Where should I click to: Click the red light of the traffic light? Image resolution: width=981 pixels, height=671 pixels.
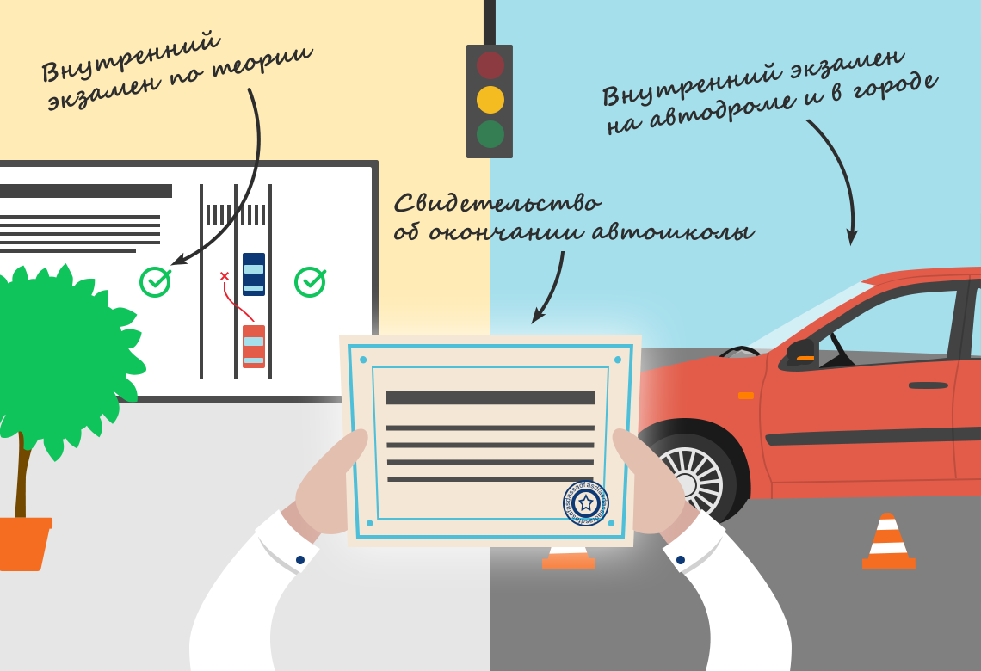click(490, 65)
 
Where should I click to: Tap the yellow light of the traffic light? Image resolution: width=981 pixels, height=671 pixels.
click(490, 100)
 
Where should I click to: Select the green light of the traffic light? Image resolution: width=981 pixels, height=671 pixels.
click(490, 134)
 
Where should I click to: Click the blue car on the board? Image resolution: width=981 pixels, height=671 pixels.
click(253, 274)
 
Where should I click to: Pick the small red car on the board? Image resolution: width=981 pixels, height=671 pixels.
click(253, 347)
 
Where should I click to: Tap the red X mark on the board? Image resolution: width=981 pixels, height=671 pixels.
click(225, 276)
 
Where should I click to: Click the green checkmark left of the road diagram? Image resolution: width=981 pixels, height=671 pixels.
click(155, 281)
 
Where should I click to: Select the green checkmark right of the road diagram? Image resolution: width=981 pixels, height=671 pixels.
click(310, 281)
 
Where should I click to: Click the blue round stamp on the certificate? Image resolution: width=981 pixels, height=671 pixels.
click(586, 502)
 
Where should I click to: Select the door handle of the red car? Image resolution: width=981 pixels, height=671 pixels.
click(929, 386)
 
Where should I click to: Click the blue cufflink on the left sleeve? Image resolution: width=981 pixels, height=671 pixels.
click(299, 560)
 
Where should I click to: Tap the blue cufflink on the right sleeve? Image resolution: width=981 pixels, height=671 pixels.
click(681, 560)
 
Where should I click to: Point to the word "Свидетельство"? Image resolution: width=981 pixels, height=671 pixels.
click(498, 203)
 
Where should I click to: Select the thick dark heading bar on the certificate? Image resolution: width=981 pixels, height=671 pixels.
click(490, 397)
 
